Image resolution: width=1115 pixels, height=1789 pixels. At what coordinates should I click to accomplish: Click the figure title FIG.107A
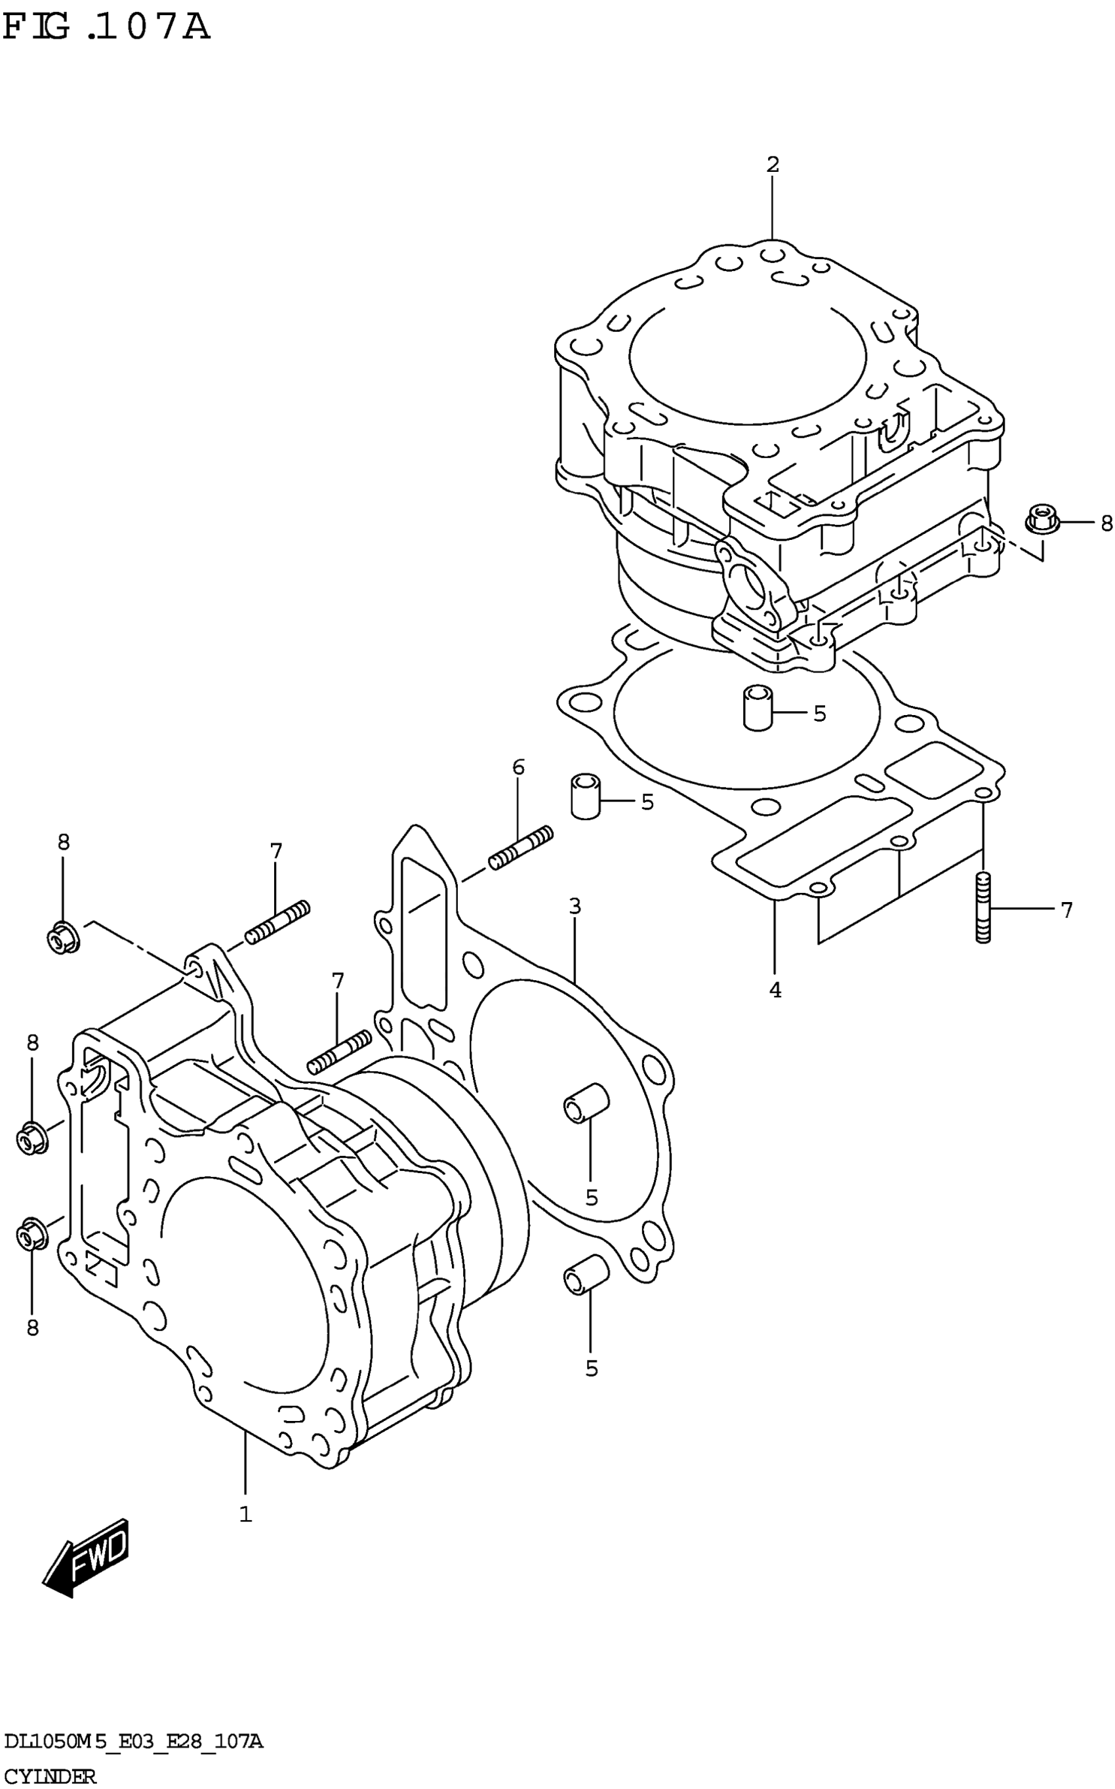point(107,28)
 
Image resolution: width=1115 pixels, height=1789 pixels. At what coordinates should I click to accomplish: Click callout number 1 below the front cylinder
point(245,1515)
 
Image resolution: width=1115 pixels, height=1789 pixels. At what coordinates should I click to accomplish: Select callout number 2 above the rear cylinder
point(772,165)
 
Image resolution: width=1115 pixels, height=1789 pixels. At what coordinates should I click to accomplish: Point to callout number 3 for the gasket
point(575,905)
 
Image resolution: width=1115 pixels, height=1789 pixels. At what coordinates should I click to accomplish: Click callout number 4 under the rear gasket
point(775,991)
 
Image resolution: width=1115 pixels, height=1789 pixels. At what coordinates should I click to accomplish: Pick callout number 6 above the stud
point(518,767)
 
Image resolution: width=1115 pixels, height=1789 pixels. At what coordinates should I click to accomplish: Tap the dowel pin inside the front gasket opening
point(586,1103)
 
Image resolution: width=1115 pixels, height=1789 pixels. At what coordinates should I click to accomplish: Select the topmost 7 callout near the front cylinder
point(276,851)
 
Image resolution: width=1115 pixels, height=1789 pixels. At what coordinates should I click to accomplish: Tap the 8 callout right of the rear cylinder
point(1105,523)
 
